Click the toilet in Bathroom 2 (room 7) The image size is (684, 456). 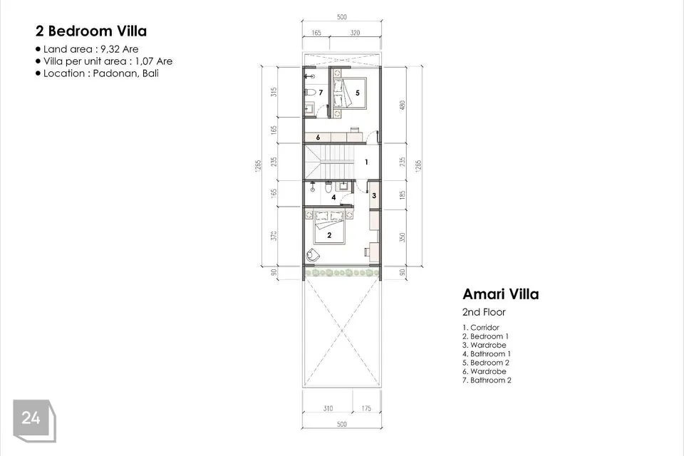click(310, 93)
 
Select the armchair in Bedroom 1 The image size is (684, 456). click(313, 254)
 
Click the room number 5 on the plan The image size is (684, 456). click(357, 93)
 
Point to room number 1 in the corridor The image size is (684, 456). click(366, 162)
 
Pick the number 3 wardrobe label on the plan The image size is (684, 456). click(374, 195)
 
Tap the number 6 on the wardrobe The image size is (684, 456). click(318, 138)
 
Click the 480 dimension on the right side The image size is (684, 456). click(402, 105)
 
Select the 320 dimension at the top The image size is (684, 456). click(355, 33)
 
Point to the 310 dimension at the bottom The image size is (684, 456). click(328, 408)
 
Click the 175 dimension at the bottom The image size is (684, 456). click(366, 408)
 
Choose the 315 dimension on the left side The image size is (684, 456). click(274, 92)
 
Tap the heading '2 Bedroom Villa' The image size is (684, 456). click(91, 31)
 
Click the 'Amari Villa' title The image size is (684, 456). click(501, 294)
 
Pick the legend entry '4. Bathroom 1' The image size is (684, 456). click(487, 354)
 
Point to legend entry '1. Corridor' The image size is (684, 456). click(481, 327)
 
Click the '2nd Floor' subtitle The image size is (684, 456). click(484, 312)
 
